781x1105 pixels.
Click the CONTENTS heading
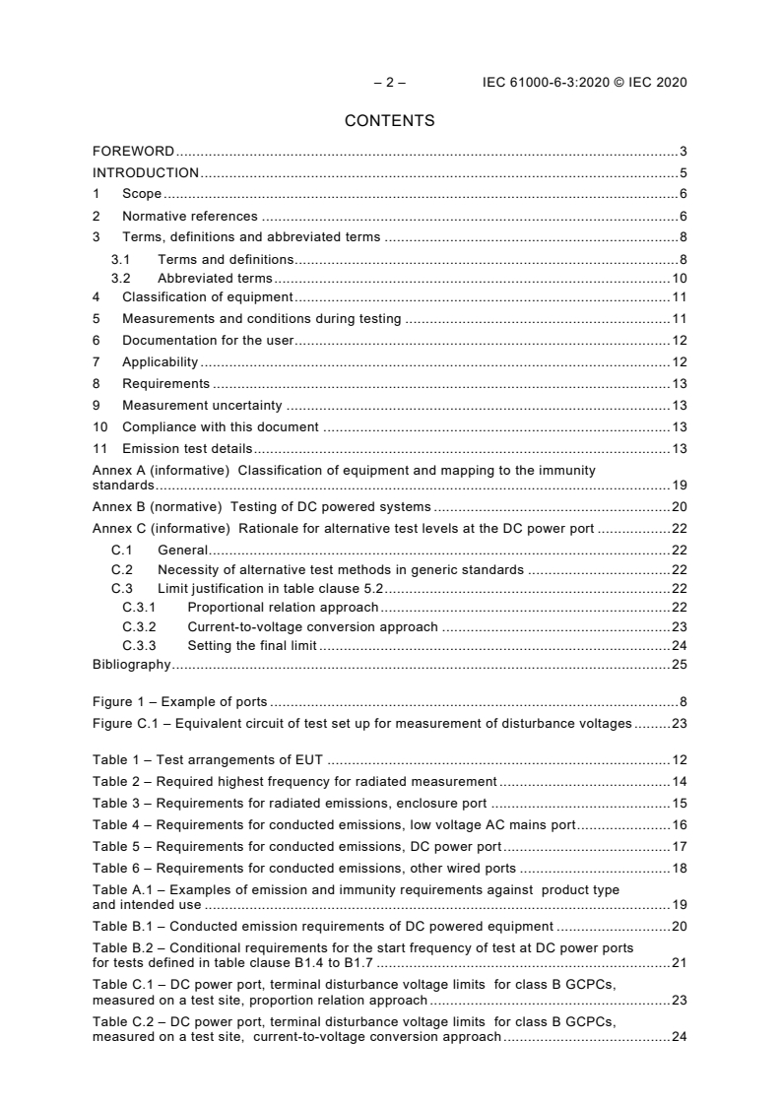click(390, 121)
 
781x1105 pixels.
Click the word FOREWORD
click(133, 152)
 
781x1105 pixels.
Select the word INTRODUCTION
click(146, 173)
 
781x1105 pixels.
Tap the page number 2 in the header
click(389, 83)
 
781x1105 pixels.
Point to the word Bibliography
click(131, 665)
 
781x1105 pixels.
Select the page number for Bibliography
click(679, 665)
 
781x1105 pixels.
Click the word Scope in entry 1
click(142, 195)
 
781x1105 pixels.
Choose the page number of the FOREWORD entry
click(683, 152)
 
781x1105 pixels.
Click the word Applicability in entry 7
click(160, 361)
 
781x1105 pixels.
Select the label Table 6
click(115, 868)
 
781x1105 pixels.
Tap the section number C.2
click(122, 569)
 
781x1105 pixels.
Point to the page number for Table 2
click(679, 781)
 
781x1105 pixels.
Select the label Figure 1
click(119, 702)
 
